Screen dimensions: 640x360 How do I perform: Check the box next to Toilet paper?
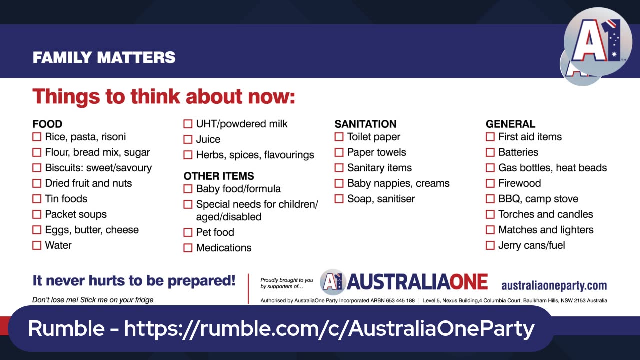tap(339, 137)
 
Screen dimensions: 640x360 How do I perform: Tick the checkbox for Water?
tap(37, 245)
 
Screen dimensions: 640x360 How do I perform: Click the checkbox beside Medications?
tap(187, 248)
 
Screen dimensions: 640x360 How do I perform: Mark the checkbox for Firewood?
tap(490, 183)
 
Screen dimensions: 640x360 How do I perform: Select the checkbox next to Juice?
tap(187, 139)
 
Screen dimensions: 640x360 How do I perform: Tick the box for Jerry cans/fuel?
tap(490, 245)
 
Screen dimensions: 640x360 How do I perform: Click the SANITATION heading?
tap(365, 124)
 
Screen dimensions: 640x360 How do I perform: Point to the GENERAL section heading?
tap(510, 124)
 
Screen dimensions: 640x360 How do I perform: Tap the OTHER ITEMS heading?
tap(219, 176)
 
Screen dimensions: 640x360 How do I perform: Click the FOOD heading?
tap(47, 124)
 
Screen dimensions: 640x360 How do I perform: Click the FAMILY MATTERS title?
tap(104, 57)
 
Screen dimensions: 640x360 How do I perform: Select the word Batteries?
tap(518, 152)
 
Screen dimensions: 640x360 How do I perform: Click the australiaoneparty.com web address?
tap(554, 285)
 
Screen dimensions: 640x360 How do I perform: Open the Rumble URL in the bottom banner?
tap(329, 328)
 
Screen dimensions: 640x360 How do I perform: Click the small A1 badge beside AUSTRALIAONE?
tap(332, 282)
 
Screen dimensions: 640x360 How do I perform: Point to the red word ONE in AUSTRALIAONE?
tap(468, 282)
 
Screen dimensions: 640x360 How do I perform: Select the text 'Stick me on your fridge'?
tap(117, 300)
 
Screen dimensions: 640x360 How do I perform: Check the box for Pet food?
tap(187, 232)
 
